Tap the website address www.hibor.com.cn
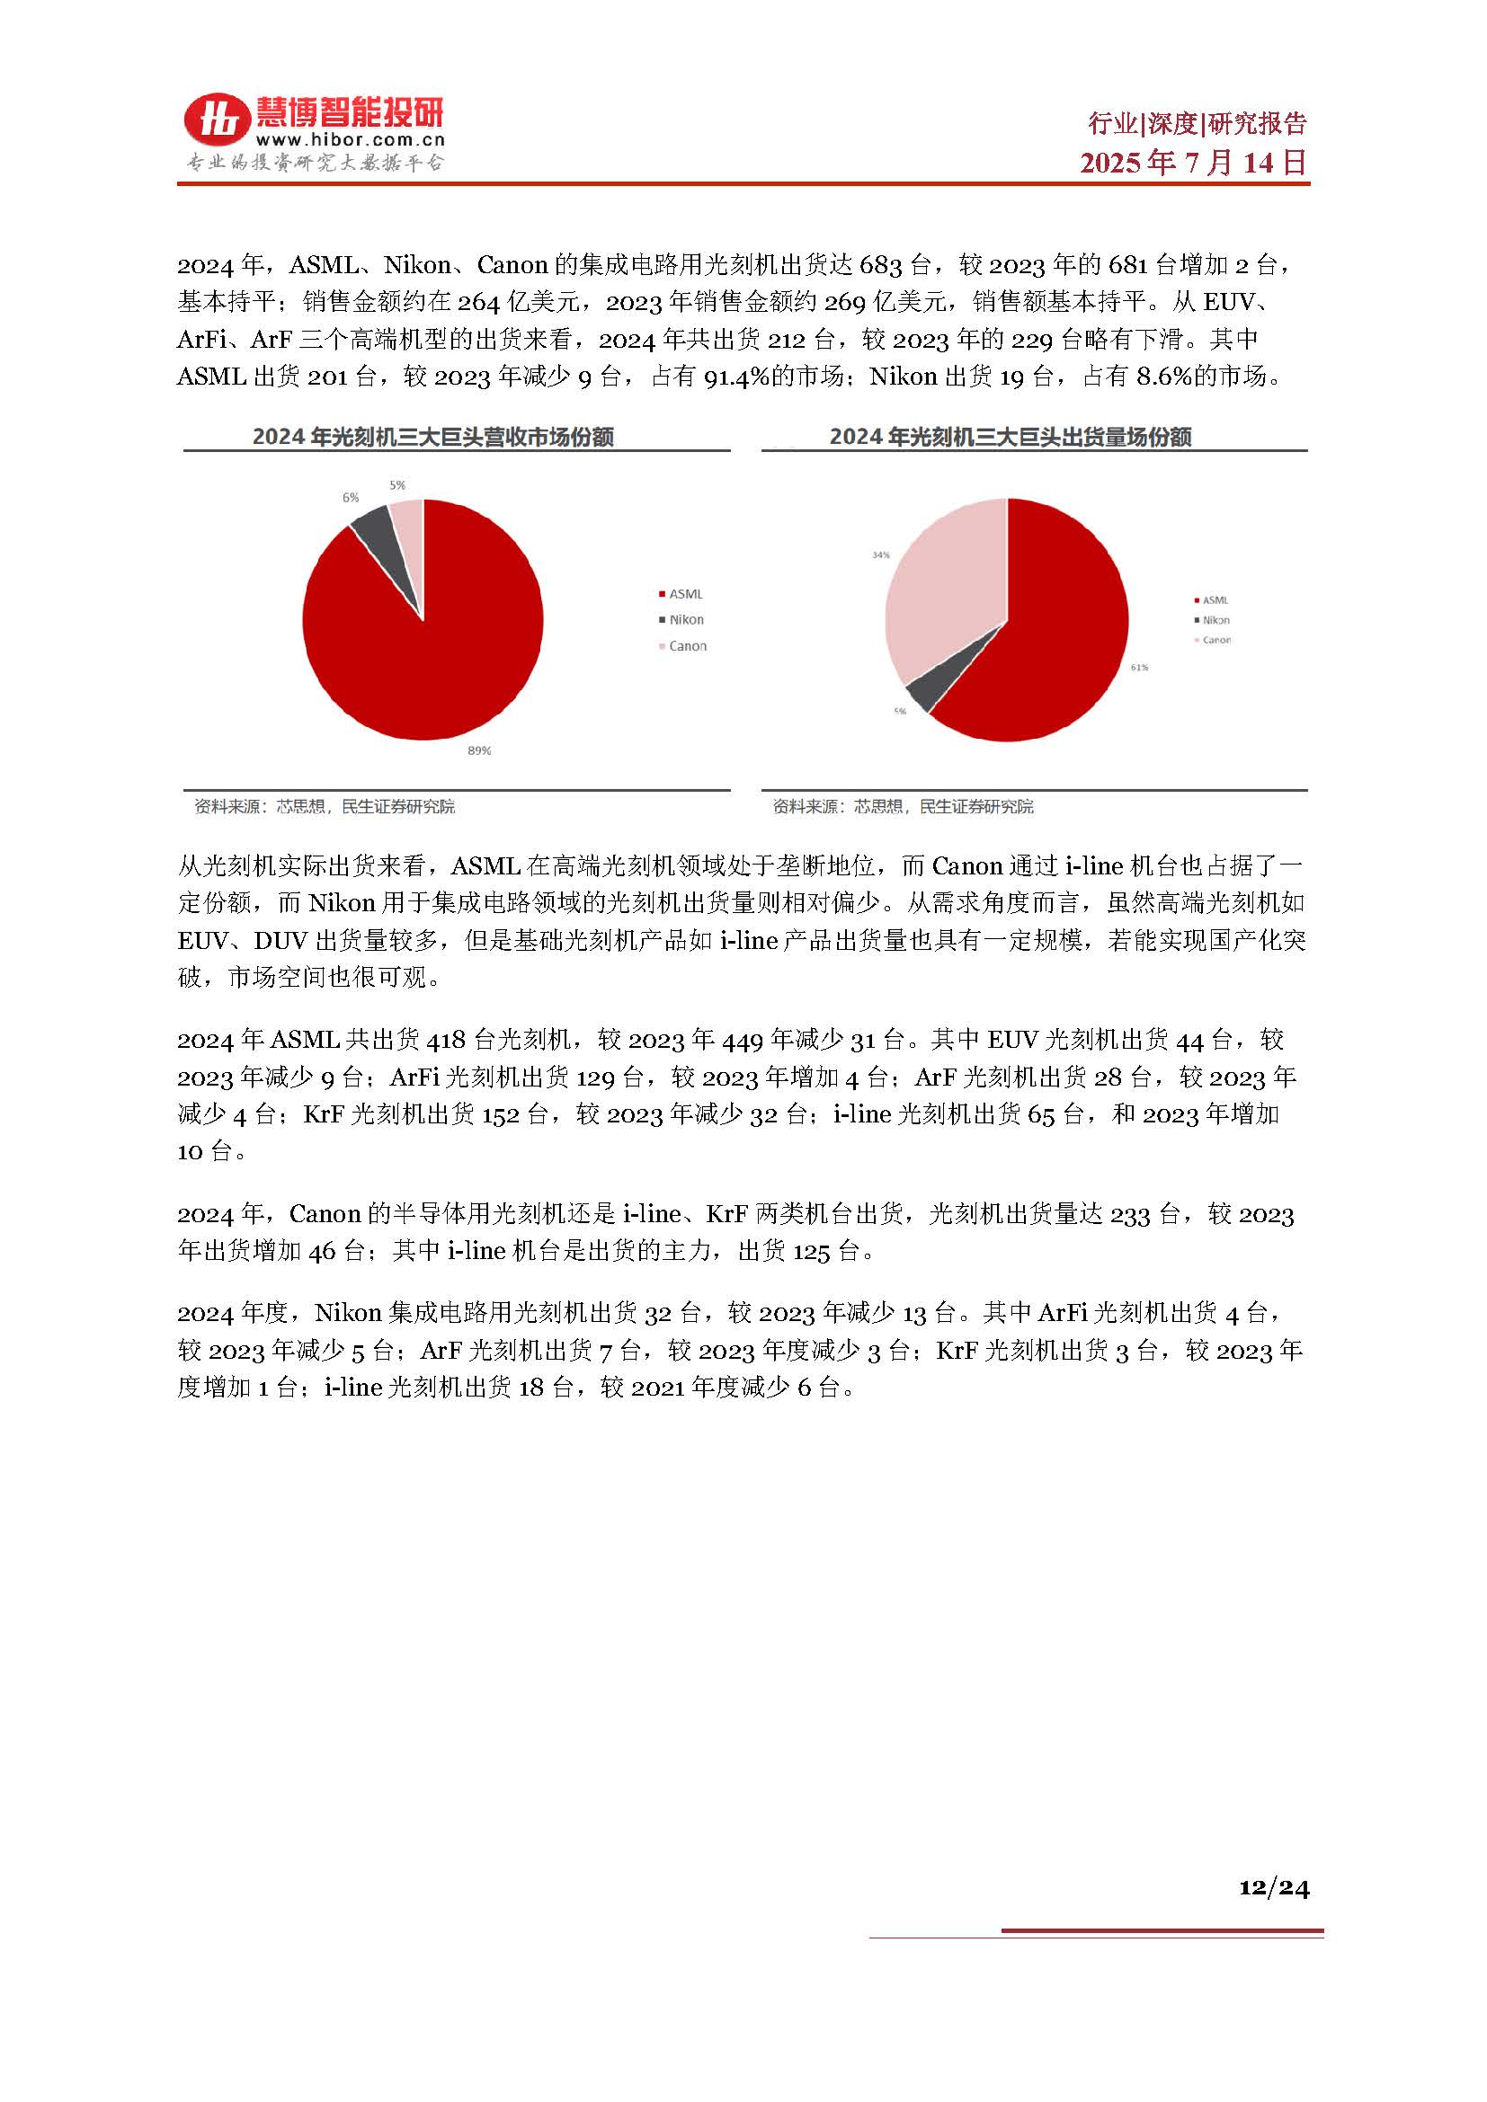coord(350,140)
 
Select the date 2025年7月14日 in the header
coord(1193,163)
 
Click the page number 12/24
coord(1274,1887)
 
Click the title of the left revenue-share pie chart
coord(433,438)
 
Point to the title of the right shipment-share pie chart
coord(1010,438)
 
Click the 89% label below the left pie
coord(479,750)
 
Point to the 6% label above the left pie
coord(351,498)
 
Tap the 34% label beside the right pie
coord(881,554)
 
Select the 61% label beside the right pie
coord(1139,668)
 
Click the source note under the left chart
coord(325,806)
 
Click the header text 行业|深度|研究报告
coord(1197,124)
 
